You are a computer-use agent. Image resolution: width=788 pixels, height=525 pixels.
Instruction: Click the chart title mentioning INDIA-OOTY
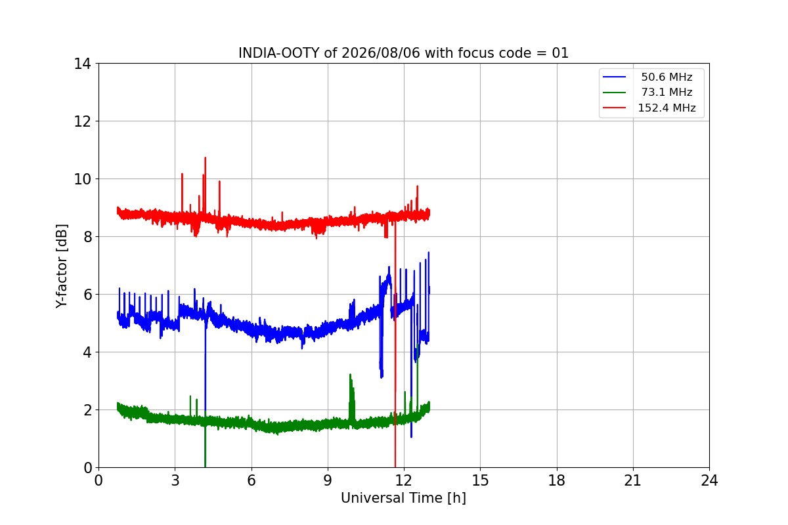[x=403, y=53]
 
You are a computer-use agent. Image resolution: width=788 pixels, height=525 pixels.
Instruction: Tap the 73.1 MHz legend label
[x=667, y=92]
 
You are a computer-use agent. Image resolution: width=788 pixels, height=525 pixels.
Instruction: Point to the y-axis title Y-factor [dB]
[x=61, y=266]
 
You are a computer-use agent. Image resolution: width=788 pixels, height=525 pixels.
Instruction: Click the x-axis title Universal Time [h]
[x=403, y=498]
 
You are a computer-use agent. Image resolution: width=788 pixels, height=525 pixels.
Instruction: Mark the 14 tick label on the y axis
[x=82, y=64]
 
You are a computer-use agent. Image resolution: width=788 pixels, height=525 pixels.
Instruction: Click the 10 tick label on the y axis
[x=82, y=179]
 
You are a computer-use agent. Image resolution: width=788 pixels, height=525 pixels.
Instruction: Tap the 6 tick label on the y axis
[x=87, y=295]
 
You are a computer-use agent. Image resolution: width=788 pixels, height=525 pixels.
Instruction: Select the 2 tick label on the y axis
[x=87, y=410]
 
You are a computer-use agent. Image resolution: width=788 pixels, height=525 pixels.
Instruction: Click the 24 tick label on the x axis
[x=709, y=480]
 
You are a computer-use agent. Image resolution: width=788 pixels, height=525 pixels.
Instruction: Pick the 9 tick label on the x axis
[x=328, y=480]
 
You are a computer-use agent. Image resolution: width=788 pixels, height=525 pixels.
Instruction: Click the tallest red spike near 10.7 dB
[x=205, y=158]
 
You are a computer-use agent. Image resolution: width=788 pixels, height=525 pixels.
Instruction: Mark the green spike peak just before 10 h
[x=350, y=375]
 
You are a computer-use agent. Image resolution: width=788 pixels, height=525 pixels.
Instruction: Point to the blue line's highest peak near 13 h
[x=428, y=253]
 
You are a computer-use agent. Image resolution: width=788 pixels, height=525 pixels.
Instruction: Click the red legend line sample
[x=614, y=108]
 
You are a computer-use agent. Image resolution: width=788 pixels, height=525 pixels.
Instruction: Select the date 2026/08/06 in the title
[x=381, y=53]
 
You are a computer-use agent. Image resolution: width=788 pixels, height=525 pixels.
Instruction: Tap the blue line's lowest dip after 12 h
[x=411, y=437]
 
